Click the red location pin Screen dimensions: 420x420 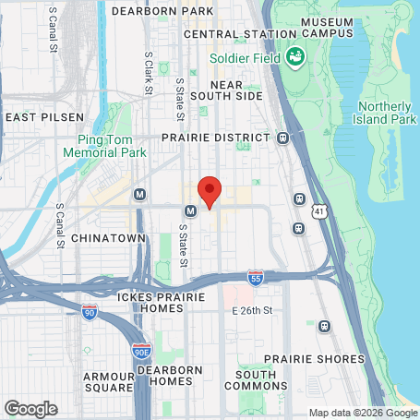[210, 191]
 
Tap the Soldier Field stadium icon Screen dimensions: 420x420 [295, 57]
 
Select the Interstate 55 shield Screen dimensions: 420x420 [256, 277]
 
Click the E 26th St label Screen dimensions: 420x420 [253, 309]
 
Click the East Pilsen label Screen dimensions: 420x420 [44, 117]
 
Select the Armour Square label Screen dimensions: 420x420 [109, 382]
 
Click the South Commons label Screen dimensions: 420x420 [255, 381]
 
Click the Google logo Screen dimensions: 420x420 [30, 409]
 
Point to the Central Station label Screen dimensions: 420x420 [230, 34]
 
